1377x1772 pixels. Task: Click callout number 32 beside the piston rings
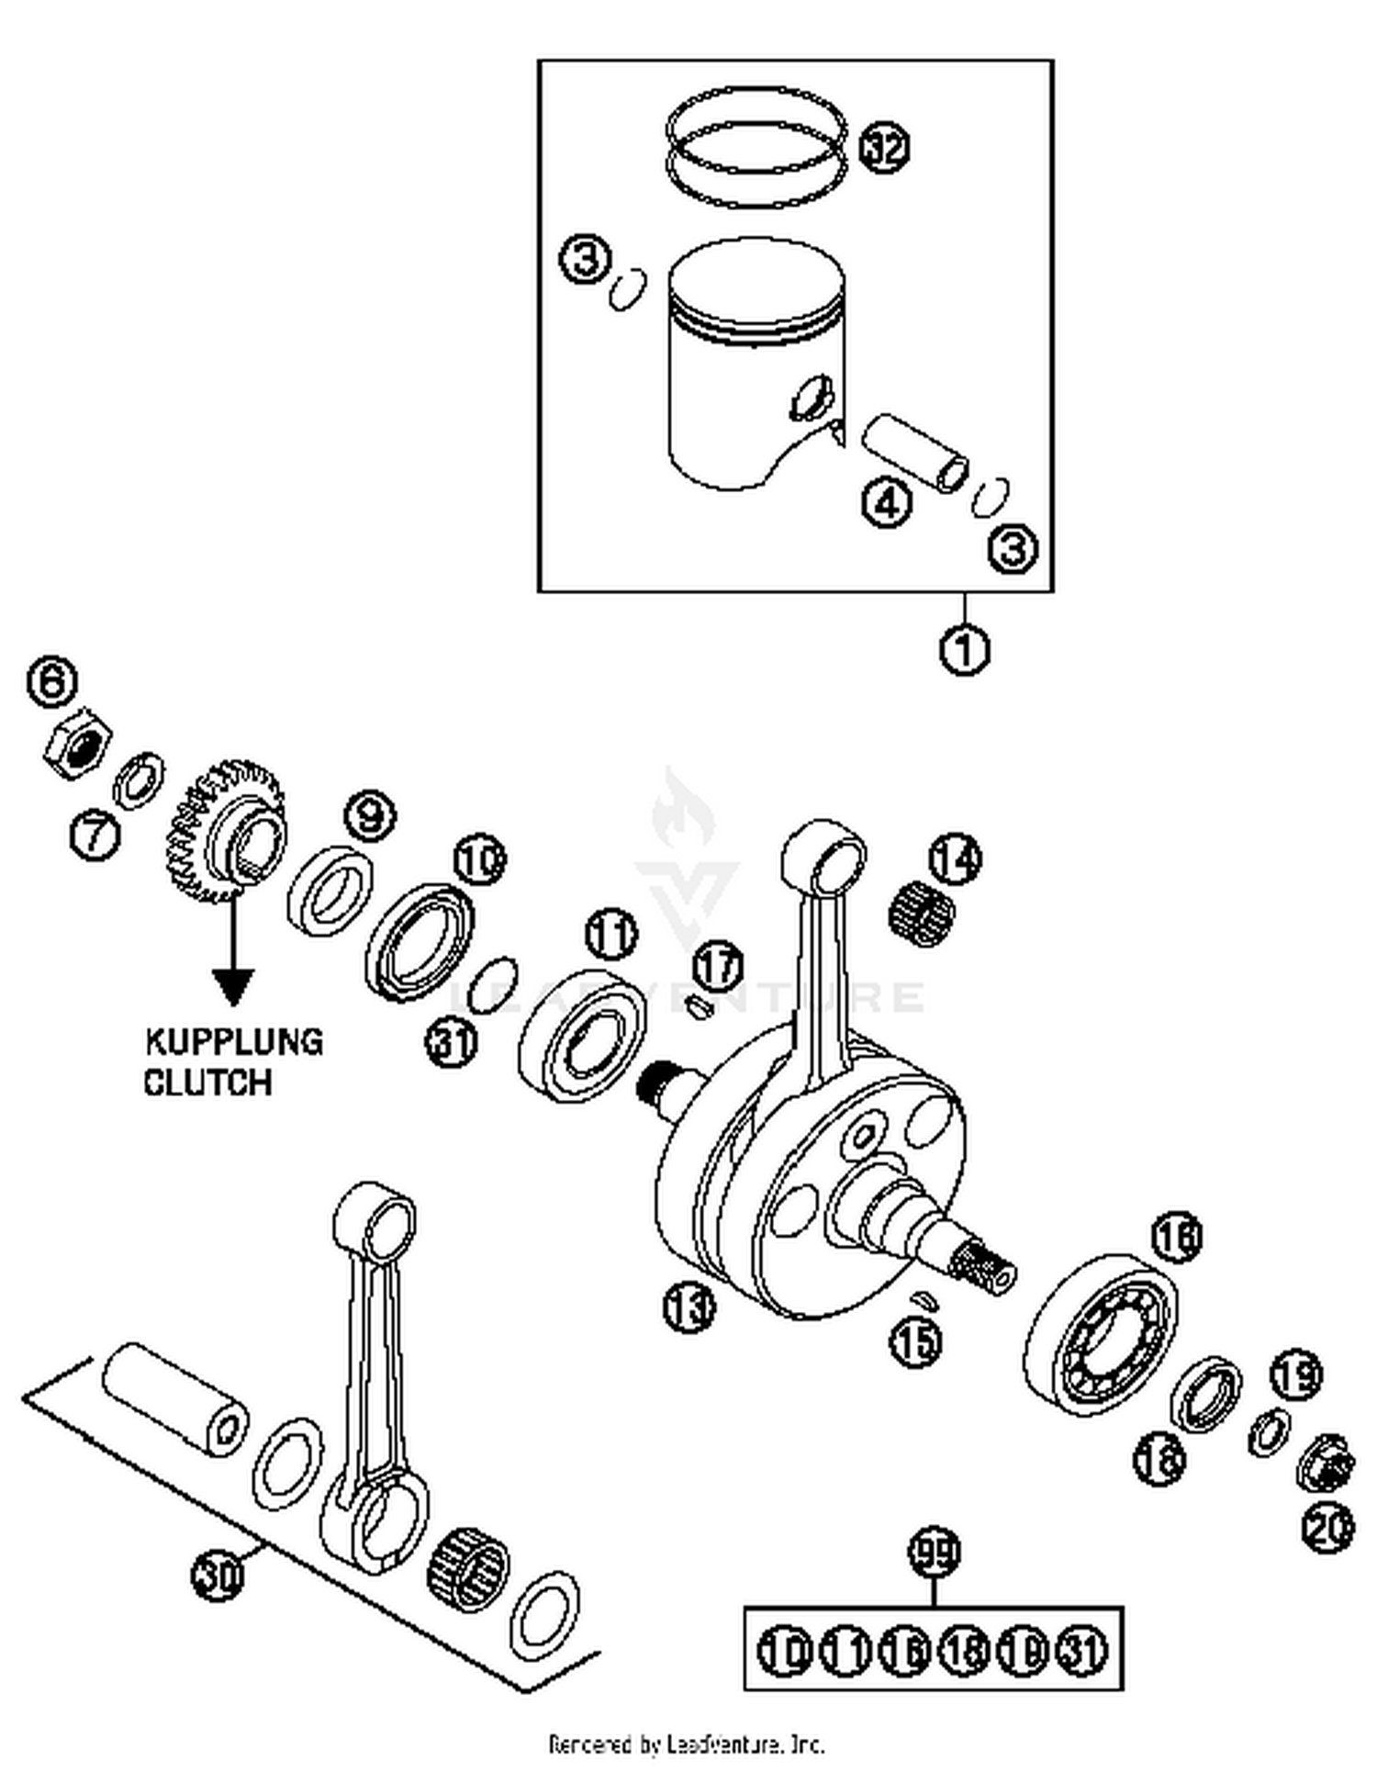pyautogui.click(x=884, y=148)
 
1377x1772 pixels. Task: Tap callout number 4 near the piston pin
pyautogui.click(x=887, y=502)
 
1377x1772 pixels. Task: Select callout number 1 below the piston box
pyautogui.click(x=965, y=649)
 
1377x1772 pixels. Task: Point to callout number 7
pyautogui.click(x=95, y=836)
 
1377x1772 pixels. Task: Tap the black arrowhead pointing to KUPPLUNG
pyautogui.click(x=233, y=985)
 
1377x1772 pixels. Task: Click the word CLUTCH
pyautogui.click(x=208, y=1082)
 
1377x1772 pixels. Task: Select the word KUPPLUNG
pyautogui.click(x=234, y=1042)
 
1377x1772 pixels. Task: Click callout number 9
pyautogui.click(x=370, y=814)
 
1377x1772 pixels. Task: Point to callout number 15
pyautogui.click(x=916, y=1340)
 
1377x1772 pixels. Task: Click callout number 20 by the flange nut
pyautogui.click(x=1327, y=1527)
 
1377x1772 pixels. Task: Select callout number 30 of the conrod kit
pyautogui.click(x=218, y=1576)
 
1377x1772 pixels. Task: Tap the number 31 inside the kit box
pyautogui.click(x=1084, y=1650)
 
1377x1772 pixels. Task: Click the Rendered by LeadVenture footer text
pyautogui.click(x=686, y=1744)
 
